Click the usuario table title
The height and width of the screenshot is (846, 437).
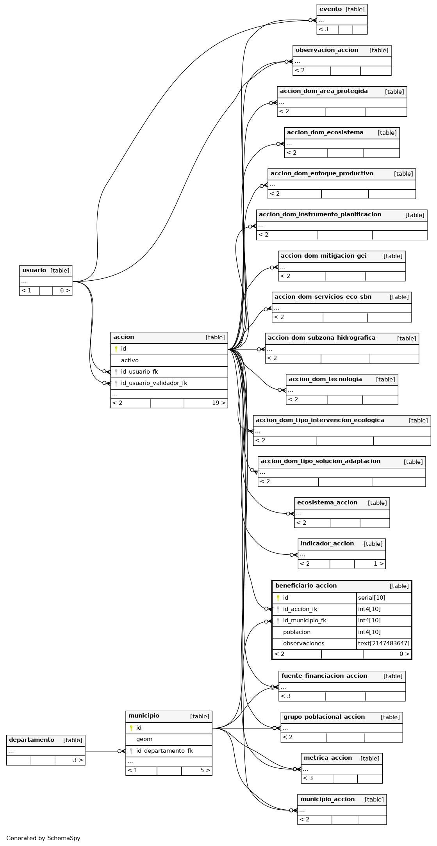(x=34, y=271)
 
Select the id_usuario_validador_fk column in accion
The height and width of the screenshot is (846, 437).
(x=154, y=383)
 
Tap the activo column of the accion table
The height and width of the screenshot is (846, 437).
(x=130, y=360)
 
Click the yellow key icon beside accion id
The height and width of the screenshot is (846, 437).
(x=116, y=349)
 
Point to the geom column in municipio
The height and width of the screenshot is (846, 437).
(x=144, y=739)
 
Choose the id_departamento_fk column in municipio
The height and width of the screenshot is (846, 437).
(x=164, y=751)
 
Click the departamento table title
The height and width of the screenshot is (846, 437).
(x=32, y=740)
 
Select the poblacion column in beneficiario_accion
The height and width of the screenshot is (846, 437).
(x=297, y=632)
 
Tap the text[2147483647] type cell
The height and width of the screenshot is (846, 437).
(x=384, y=643)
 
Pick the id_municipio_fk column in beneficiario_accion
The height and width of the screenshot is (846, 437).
(x=305, y=620)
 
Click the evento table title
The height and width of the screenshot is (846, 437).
(x=330, y=9)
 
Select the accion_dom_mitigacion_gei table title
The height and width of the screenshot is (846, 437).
(x=324, y=256)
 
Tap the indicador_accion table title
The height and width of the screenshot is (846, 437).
(x=327, y=543)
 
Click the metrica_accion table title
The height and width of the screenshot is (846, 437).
(x=328, y=758)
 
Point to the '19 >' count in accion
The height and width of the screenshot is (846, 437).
(x=219, y=403)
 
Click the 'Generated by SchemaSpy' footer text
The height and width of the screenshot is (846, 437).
(x=43, y=838)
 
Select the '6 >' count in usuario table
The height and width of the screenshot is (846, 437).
(x=65, y=290)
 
